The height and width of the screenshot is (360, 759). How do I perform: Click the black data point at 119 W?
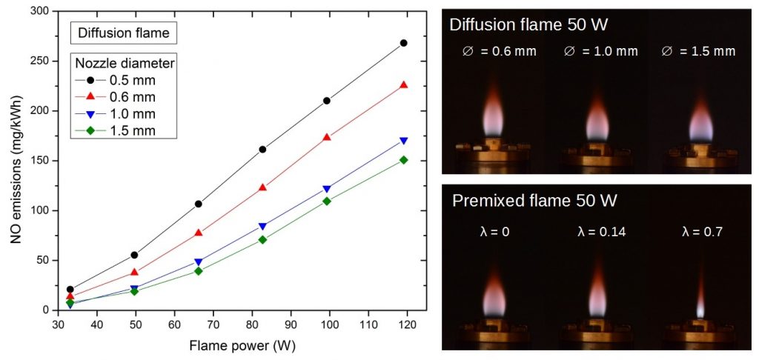pyautogui.click(x=403, y=43)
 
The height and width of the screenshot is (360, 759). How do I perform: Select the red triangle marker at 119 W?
pyautogui.click(x=403, y=85)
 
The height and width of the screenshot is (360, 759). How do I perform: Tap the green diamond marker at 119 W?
pyautogui.click(x=403, y=160)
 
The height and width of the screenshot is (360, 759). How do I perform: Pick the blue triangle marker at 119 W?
pyautogui.click(x=403, y=141)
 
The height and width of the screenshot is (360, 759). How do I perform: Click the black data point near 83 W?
pyautogui.click(x=262, y=149)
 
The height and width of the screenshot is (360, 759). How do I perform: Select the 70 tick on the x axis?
pyautogui.click(x=213, y=324)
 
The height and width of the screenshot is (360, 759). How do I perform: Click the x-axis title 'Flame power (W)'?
pyautogui.click(x=232, y=344)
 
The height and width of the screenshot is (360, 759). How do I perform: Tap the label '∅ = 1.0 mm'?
pyautogui.click(x=601, y=51)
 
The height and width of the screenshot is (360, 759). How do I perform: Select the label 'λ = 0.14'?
pyautogui.click(x=601, y=233)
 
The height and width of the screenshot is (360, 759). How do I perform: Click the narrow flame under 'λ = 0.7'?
pyautogui.click(x=700, y=300)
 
